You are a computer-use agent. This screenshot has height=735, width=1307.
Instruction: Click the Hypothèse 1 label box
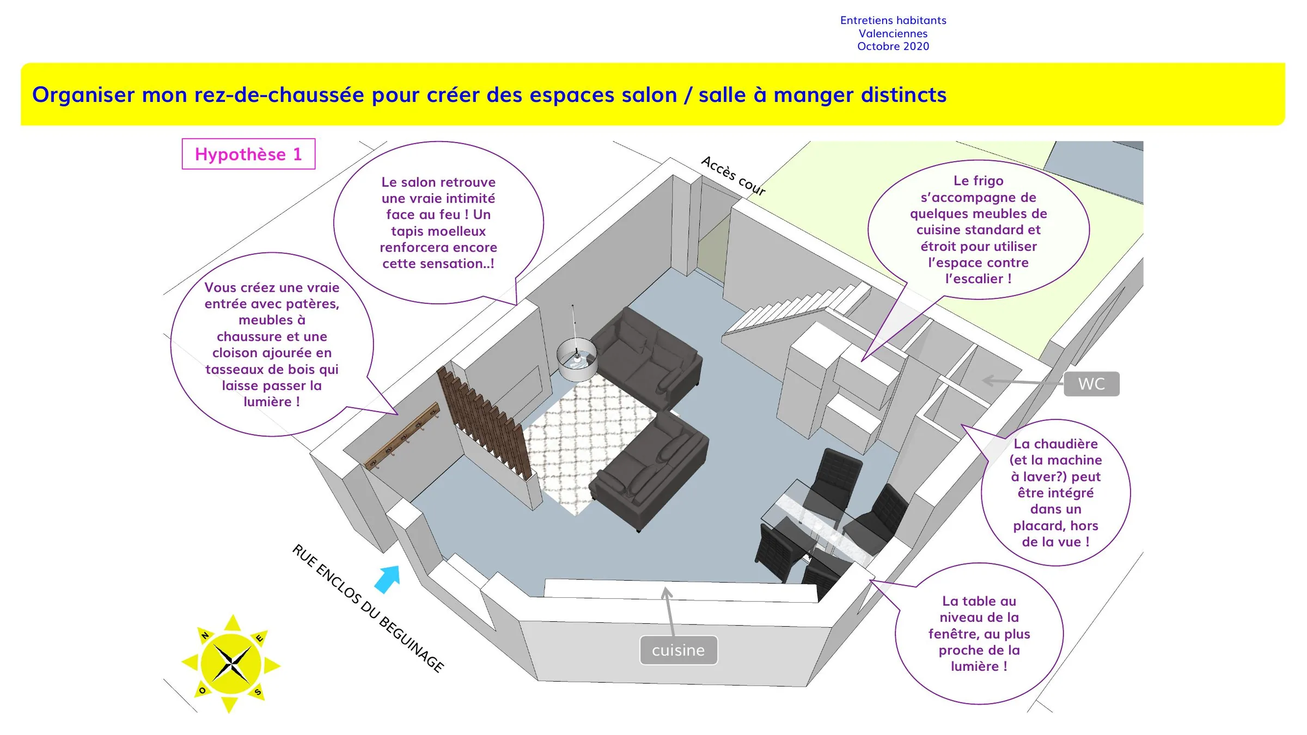pyautogui.click(x=248, y=154)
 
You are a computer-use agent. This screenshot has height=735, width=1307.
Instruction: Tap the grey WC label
pyautogui.click(x=1091, y=384)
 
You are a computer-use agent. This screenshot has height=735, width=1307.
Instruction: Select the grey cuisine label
pyautogui.click(x=679, y=650)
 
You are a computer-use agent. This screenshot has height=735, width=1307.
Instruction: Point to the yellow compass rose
pyautogui.click(x=231, y=664)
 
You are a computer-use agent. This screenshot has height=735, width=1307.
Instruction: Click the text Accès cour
pyautogui.click(x=733, y=175)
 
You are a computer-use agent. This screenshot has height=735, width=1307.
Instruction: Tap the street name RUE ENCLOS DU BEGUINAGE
pyautogui.click(x=368, y=608)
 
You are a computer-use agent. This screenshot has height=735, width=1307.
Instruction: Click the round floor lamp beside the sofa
pyautogui.click(x=577, y=358)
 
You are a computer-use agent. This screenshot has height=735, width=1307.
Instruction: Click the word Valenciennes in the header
pyautogui.click(x=893, y=33)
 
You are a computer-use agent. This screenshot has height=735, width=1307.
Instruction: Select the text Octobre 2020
pyautogui.click(x=893, y=46)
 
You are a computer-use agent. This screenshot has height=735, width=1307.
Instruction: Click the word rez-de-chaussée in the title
pyautogui.click(x=279, y=95)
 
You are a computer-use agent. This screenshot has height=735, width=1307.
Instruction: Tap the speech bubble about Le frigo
pyautogui.click(x=978, y=229)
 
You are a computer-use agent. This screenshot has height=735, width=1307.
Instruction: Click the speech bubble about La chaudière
pyautogui.click(x=1055, y=492)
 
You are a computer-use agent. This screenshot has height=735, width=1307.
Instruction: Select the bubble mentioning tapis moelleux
pyautogui.click(x=438, y=222)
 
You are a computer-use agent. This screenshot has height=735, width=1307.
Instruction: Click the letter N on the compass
pyautogui.click(x=205, y=635)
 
